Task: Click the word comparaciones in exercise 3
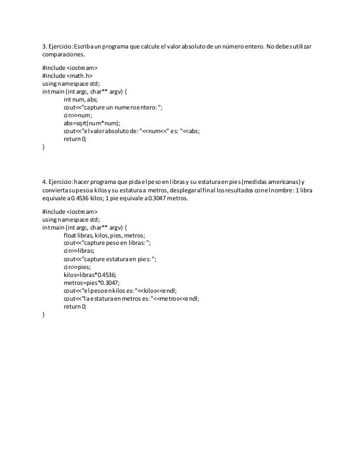(x=62, y=56)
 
